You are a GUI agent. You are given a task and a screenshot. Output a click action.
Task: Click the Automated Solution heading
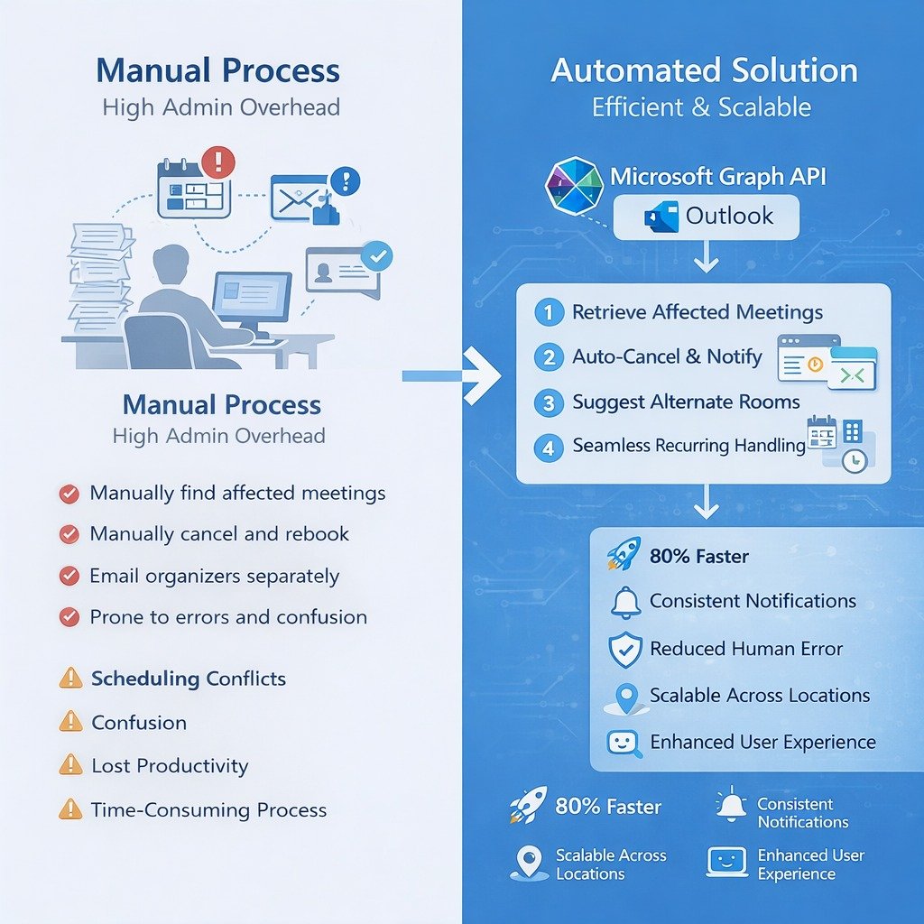tap(704, 70)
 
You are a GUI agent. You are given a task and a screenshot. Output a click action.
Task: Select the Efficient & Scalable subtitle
tap(701, 107)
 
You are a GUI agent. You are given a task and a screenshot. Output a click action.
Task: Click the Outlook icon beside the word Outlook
tap(661, 217)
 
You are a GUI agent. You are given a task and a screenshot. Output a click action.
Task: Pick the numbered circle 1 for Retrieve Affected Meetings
tap(548, 313)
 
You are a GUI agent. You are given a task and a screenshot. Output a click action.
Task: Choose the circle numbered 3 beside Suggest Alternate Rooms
tap(548, 402)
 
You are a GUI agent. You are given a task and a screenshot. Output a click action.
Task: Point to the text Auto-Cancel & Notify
tap(667, 356)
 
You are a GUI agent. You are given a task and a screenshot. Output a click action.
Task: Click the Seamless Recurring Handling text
tap(688, 445)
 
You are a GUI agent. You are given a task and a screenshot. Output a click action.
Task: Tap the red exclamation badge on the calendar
tap(217, 162)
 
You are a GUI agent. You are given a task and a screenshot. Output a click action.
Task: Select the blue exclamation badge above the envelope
tap(345, 180)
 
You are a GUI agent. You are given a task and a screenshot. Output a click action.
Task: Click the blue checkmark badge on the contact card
tap(376, 257)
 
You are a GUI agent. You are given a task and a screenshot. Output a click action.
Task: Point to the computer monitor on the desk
tap(251, 298)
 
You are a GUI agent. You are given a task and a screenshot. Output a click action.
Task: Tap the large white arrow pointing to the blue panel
tap(480, 375)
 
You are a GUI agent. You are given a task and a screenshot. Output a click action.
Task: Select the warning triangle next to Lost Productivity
tap(69, 765)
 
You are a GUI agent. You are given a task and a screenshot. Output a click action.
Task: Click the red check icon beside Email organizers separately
tap(69, 576)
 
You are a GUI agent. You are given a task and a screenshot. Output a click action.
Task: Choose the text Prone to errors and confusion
tap(228, 617)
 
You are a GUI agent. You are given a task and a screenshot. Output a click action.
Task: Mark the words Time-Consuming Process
tap(208, 809)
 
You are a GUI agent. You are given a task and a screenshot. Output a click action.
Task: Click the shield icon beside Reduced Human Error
tap(625, 649)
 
